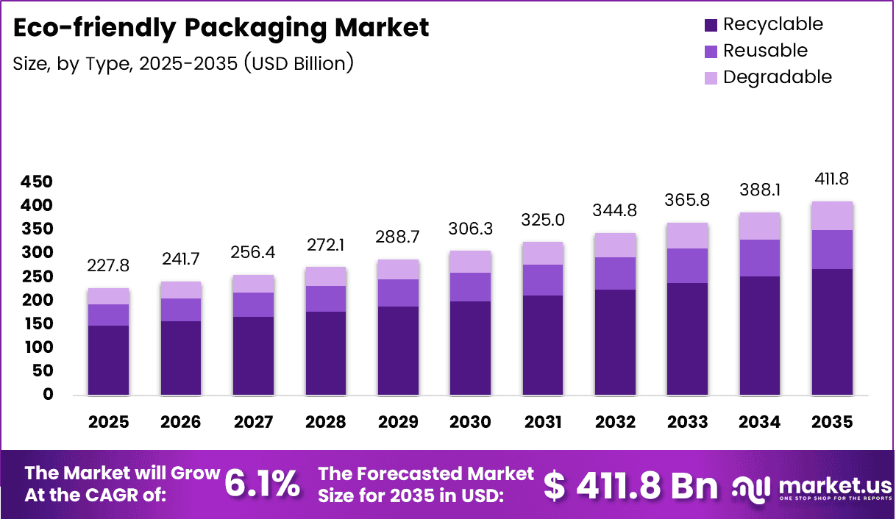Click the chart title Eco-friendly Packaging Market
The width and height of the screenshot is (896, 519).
tap(221, 28)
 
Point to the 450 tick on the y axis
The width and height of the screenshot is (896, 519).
tap(38, 182)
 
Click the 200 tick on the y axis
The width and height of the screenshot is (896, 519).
tap(38, 300)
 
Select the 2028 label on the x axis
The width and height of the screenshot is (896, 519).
tap(326, 422)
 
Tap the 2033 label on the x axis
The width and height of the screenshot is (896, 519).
tap(688, 422)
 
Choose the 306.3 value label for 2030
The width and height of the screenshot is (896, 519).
tap(470, 230)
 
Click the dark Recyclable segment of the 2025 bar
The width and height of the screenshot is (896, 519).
tap(108, 360)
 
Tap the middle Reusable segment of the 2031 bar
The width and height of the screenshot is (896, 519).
tap(543, 280)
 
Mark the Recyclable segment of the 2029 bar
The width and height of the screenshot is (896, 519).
tap(398, 351)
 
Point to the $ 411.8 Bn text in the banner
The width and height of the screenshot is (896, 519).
tap(630, 484)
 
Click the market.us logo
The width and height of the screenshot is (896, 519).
tap(808, 486)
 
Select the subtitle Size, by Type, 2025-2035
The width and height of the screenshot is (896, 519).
tap(183, 63)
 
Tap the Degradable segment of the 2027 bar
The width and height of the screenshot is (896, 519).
tap(253, 284)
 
